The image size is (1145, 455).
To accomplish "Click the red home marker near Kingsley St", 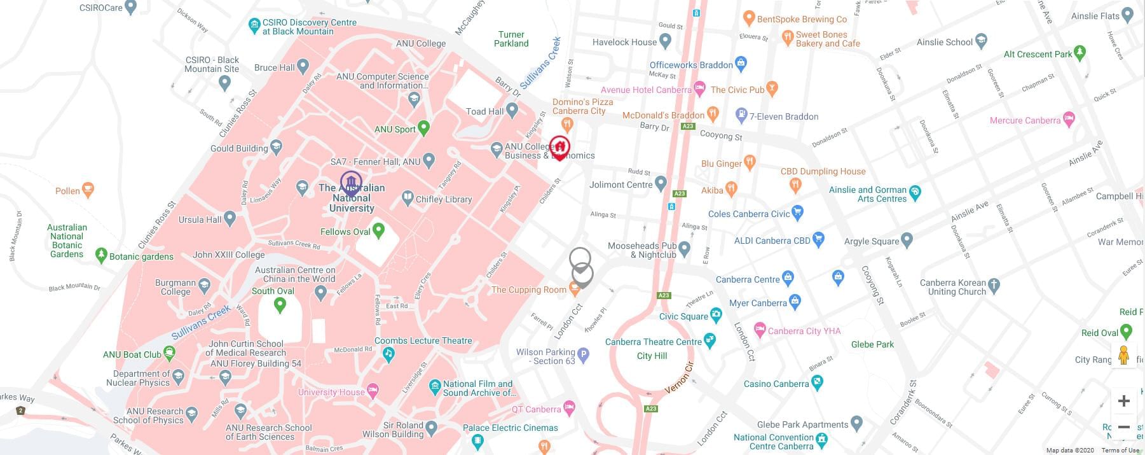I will click(x=559, y=147).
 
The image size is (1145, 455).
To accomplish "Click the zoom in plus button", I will click(x=1123, y=401).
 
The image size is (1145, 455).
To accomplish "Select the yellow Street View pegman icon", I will click(x=1123, y=355).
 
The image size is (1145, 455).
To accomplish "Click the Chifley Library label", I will click(x=443, y=199).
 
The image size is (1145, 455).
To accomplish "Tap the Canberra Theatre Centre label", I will click(x=653, y=342).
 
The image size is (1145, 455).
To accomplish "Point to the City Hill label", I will click(x=652, y=356).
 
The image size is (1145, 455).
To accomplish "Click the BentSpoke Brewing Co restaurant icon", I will click(x=748, y=18).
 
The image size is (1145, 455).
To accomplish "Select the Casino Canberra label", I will click(x=776, y=384).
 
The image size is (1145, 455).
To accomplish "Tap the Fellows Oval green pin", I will click(x=379, y=230).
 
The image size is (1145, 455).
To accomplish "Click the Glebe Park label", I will click(x=872, y=344).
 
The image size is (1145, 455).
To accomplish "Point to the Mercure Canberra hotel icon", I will click(x=1069, y=119).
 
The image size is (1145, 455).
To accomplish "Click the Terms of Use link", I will click(x=1120, y=451).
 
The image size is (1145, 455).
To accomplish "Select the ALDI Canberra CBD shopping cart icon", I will click(x=818, y=240).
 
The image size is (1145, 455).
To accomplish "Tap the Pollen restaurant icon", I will click(x=88, y=189).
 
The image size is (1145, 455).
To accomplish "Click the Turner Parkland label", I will click(x=511, y=39).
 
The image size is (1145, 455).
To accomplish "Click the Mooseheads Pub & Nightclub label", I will click(x=642, y=250).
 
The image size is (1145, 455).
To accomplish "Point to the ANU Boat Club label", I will click(x=132, y=354).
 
